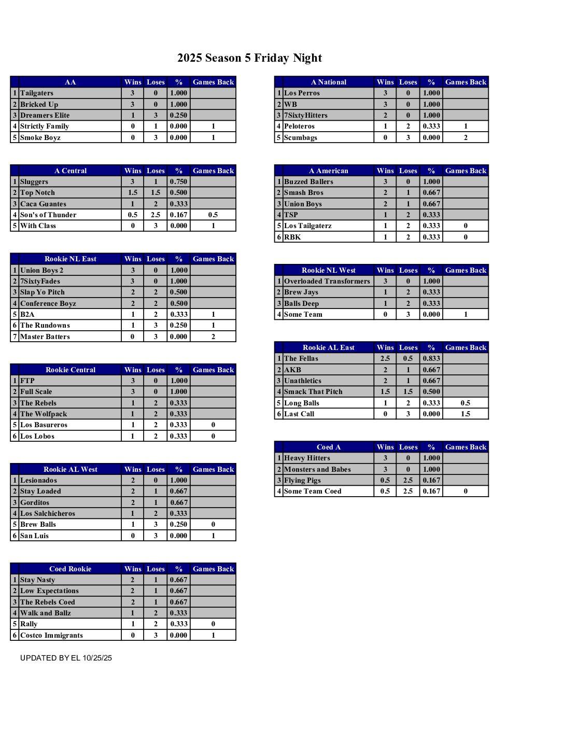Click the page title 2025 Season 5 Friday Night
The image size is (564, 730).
[249, 58]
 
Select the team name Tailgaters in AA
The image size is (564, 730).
[37, 93]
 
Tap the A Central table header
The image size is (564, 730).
[70, 171]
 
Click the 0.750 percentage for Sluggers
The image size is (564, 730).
[178, 182]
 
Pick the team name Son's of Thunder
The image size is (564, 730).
[48, 215]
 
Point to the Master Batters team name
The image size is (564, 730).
[45, 337]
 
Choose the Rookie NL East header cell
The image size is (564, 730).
[70, 259]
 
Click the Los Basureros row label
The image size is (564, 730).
[44, 425]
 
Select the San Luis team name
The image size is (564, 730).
[34, 536]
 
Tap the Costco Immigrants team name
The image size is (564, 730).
[51, 636]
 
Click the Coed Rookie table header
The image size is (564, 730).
[70, 569]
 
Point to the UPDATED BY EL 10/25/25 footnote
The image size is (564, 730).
[66, 658]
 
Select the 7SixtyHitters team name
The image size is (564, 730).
[305, 116]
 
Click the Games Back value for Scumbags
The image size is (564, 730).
[466, 138]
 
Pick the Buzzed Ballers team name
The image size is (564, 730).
[308, 182]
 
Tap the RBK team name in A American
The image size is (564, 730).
[292, 237]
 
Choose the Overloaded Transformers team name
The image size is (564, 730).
[327, 282]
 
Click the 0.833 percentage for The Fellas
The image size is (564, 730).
[431, 359]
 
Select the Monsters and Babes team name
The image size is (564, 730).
[317, 470]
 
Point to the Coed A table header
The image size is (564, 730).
[329, 447]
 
